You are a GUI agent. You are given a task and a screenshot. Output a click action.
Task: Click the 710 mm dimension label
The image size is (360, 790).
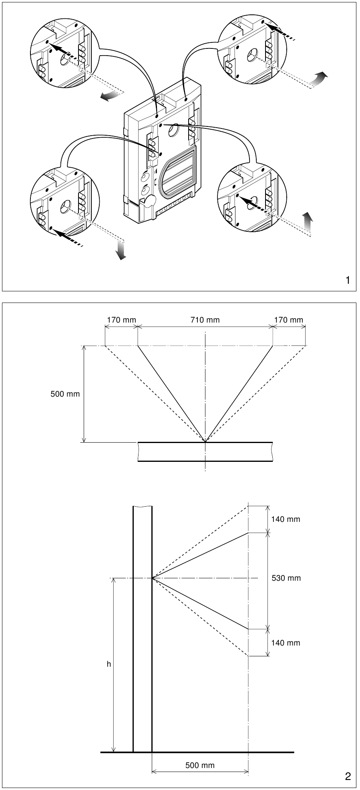[x=205, y=320]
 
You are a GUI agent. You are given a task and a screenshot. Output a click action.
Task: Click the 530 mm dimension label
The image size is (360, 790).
[x=286, y=578]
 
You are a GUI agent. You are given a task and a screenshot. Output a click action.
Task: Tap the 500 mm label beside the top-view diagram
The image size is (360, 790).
[x=65, y=394]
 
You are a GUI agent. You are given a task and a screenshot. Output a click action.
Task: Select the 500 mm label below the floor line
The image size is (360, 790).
[x=200, y=766]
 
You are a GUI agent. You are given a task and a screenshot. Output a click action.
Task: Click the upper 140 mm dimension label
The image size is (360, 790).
[x=286, y=519]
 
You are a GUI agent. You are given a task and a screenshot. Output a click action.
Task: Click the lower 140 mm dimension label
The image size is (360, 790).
[x=286, y=643]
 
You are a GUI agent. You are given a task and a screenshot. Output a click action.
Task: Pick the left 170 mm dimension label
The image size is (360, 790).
[x=121, y=320]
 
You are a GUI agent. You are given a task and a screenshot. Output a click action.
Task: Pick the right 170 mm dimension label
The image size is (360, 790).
[x=289, y=320]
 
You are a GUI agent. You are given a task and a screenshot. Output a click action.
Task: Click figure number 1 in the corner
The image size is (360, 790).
[x=348, y=281]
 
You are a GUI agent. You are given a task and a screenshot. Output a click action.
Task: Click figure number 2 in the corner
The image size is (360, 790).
[x=348, y=777]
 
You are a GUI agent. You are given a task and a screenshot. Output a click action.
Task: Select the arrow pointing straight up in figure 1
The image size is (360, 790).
[x=307, y=221]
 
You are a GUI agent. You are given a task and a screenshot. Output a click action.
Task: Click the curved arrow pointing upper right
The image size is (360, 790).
[x=320, y=78]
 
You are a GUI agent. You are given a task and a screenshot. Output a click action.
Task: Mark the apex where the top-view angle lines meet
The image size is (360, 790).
[x=205, y=442]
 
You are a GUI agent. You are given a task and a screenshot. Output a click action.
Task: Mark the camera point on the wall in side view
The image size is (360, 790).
[x=152, y=578]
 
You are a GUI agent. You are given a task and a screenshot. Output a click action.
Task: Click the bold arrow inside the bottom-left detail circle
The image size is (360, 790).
[x=66, y=236]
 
